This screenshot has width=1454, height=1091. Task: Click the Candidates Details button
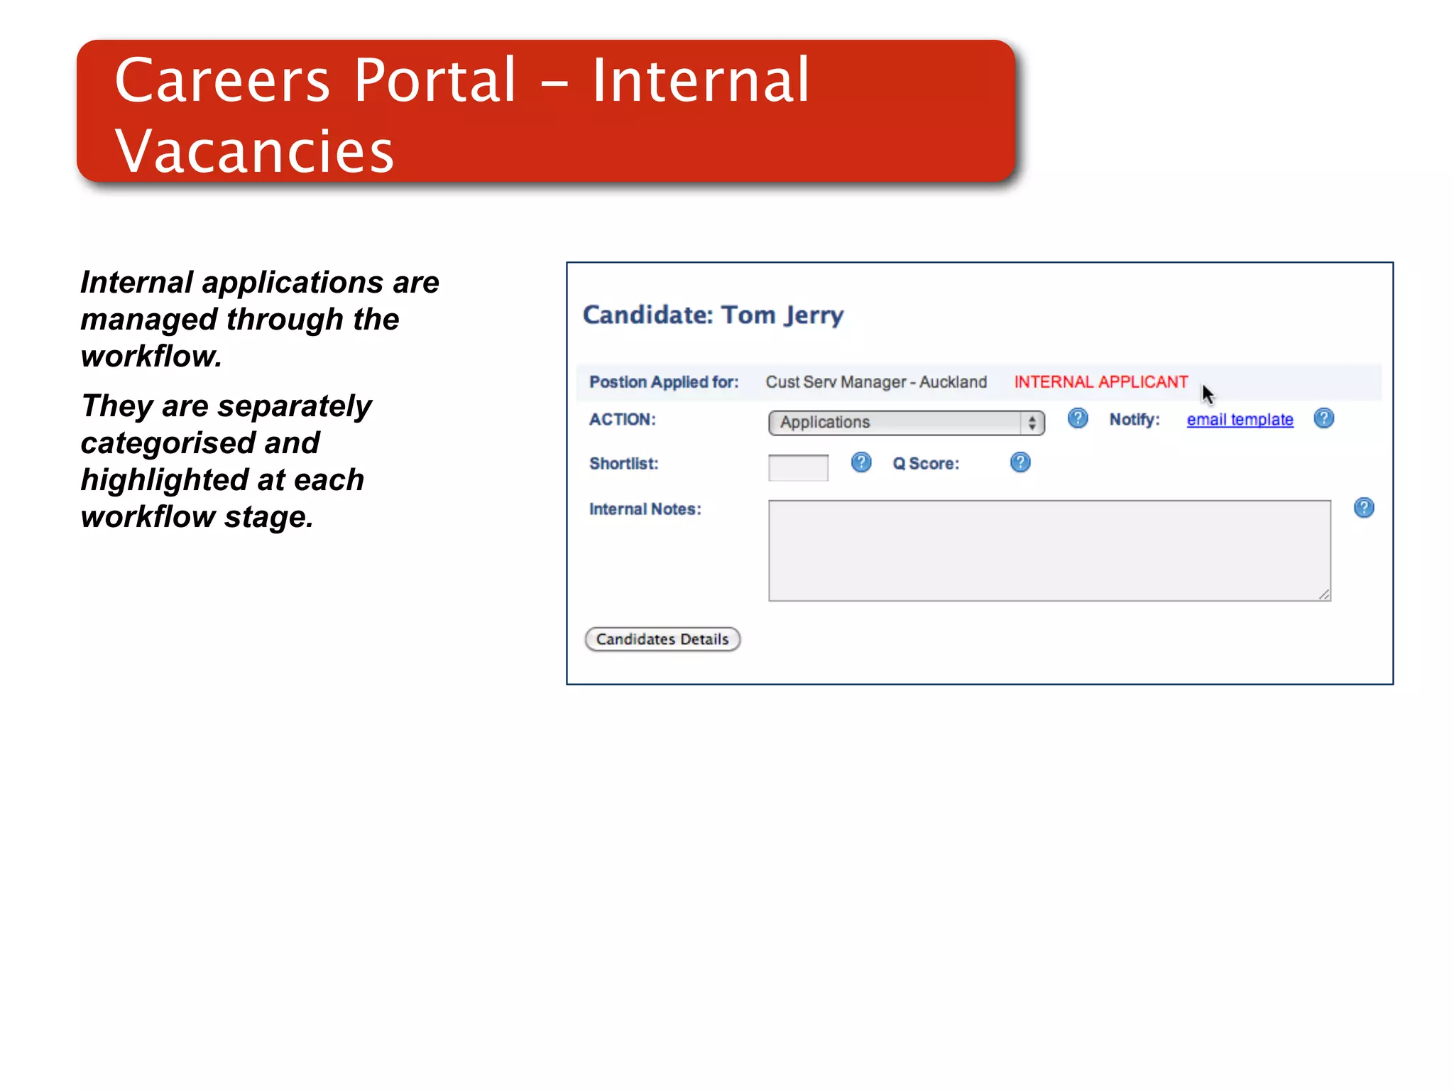(662, 639)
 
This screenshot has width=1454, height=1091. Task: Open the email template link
(1240, 420)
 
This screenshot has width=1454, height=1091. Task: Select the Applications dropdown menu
(906, 423)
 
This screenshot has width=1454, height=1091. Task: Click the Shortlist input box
(798, 467)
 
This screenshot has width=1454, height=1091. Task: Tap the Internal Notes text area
(1049, 550)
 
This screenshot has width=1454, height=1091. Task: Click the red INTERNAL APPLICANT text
(1100, 382)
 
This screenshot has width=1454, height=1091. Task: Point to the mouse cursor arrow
(1207, 393)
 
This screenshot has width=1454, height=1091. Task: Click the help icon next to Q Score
(1020, 462)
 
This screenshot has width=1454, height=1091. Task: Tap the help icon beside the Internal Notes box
(1364, 508)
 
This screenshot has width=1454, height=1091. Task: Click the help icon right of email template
(1324, 418)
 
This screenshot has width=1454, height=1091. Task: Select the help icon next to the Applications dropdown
(1078, 418)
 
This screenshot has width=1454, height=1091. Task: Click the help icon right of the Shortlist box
(861, 462)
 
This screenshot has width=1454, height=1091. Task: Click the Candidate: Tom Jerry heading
(713, 315)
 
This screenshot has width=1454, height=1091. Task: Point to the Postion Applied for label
(664, 382)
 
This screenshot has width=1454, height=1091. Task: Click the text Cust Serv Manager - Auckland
(876, 382)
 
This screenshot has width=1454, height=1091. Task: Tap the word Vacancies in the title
(254, 151)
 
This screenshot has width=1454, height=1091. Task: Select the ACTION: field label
(622, 420)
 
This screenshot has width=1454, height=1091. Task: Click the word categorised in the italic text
(168, 443)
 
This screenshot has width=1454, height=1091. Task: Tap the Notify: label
(1135, 420)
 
